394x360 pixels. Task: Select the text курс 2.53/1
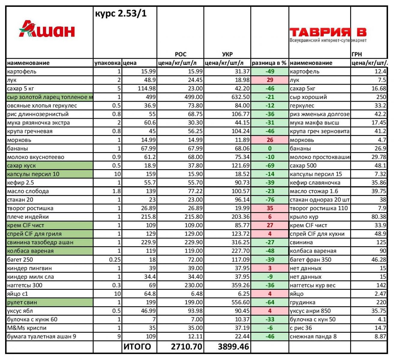[121, 13]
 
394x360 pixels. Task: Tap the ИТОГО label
[137, 347]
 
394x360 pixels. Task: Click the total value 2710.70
[186, 347]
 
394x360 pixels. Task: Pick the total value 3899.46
[233, 347]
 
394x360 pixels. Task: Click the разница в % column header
[269, 63]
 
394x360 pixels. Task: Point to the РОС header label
[180, 54]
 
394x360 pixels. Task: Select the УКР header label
[227, 54]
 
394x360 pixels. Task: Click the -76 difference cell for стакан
[269, 200]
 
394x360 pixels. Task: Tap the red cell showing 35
[269, 208]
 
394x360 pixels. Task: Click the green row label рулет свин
[23, 302]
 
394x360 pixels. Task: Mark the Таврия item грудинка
[302, 302]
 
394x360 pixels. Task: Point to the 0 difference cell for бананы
[269, 148]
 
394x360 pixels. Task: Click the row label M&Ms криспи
[27, 328]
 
